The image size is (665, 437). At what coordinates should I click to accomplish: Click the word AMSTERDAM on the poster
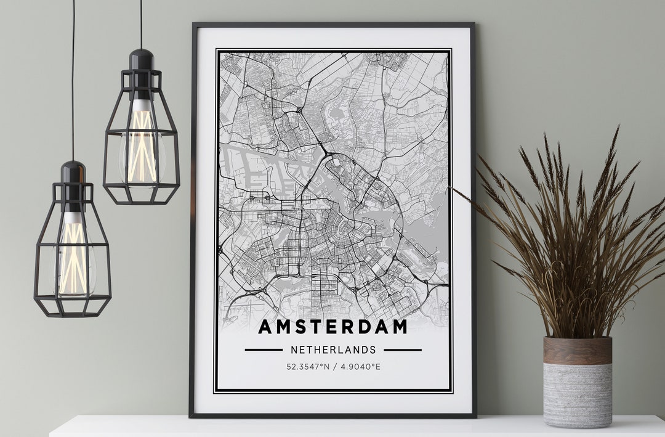tap(332, 327)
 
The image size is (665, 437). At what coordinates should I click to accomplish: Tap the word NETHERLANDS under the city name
tap(332, 350)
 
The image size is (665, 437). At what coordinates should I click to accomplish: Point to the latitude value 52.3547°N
tap(308, 367)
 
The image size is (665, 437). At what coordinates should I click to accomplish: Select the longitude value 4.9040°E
tap(361, 367)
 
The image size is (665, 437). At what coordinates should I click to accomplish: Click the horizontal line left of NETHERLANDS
tap(264, 350)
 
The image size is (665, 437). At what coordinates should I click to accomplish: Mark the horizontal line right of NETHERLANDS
tap(403, 350)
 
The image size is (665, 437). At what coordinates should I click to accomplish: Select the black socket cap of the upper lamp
tap(142, 60)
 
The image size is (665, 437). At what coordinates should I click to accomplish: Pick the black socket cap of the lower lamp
tap(73, 172)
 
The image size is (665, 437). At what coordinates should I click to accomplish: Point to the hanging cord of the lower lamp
tap(73, 80)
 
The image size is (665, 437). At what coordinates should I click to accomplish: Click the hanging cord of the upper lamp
tap(141, 25)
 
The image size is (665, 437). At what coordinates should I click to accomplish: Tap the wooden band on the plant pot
tap(578, 351)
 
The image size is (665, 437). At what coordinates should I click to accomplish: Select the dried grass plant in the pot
tap(573, 247)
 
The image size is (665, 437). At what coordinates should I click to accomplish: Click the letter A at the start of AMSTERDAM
tap(265, 327)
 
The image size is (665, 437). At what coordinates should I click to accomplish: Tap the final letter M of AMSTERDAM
tap(400, 327)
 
